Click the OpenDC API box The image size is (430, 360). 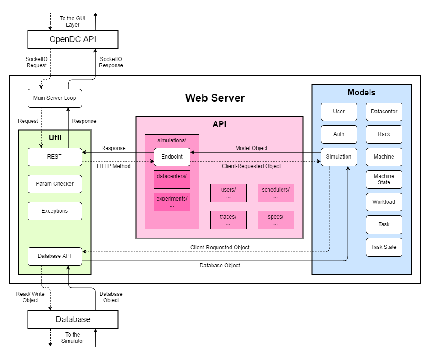(73, 40)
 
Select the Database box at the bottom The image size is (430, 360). (73, 319)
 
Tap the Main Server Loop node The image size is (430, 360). (55, 98)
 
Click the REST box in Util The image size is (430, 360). (55, 157)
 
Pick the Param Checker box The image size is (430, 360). (55, 184)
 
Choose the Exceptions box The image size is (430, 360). (55, 211)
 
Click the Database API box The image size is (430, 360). (55, 256)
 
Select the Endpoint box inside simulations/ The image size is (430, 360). (172, 157)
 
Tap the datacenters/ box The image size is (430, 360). (172, 179)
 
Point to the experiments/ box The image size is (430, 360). (172, 202)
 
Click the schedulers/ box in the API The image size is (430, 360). (276, 193)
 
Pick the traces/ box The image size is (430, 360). (228, 220)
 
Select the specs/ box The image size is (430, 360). (276, 220)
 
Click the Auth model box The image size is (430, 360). (339, 134)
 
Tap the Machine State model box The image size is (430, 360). (384, 179)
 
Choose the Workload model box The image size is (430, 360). (384, 202)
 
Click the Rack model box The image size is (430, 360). (384, 134)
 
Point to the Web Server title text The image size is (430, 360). (215, 98)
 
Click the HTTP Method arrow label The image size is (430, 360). (114, 166)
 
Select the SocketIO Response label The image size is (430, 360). (111, 62)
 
